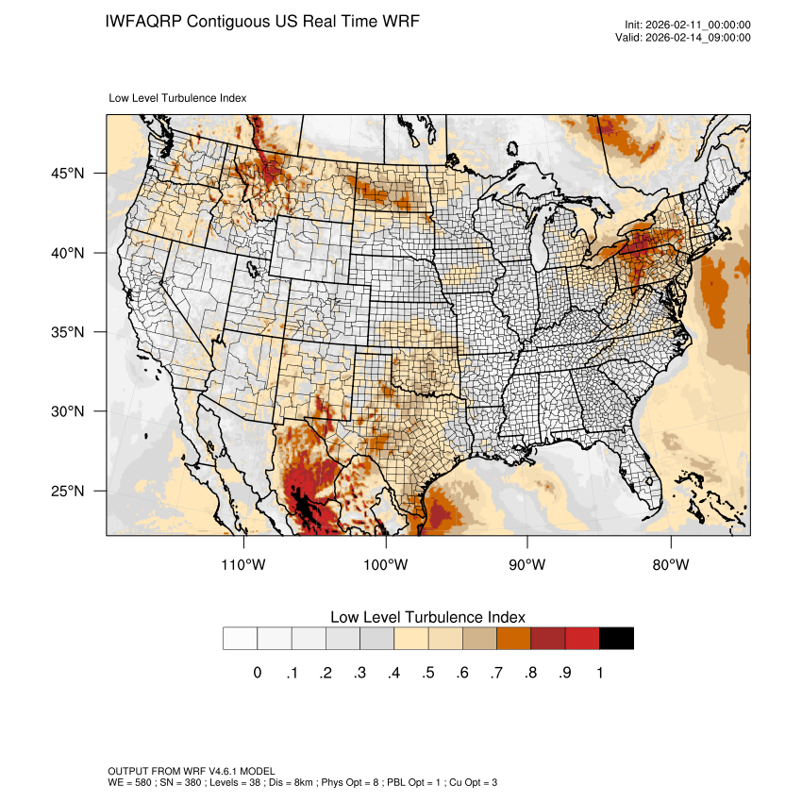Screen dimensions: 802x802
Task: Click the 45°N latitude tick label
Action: [68, 174]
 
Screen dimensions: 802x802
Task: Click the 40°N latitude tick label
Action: [68, 253]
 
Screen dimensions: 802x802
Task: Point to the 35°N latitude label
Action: [68, 332]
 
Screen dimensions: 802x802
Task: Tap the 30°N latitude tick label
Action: [68, 411]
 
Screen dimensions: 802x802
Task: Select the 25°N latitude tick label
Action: [68, 491]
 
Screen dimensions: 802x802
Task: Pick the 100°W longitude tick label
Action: [386, 565]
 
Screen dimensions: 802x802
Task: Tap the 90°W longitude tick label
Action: [527, 565]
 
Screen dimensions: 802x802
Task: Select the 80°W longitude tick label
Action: [670, 565]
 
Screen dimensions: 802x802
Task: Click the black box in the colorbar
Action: [616, 638]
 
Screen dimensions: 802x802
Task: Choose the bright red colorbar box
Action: [582, 638]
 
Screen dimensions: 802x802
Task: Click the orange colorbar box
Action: [513, 638]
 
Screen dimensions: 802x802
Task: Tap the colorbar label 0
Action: [257, 673]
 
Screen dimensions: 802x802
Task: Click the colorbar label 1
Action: [599, 673]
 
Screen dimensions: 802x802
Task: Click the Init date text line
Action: [688, 25]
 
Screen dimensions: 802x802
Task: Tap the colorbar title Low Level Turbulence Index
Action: [427, 617]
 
